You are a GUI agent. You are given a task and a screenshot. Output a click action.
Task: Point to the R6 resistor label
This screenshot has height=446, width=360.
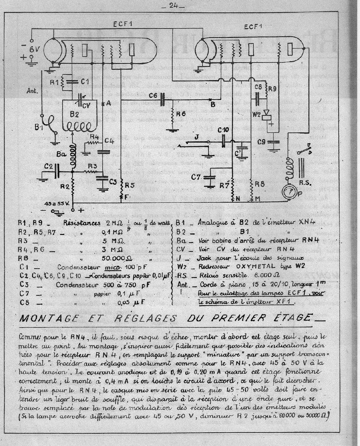point(181,114)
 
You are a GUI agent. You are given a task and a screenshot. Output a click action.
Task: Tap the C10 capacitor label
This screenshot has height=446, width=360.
point(223,130)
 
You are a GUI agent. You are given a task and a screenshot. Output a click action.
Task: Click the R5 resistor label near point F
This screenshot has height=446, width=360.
point(129,185)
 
